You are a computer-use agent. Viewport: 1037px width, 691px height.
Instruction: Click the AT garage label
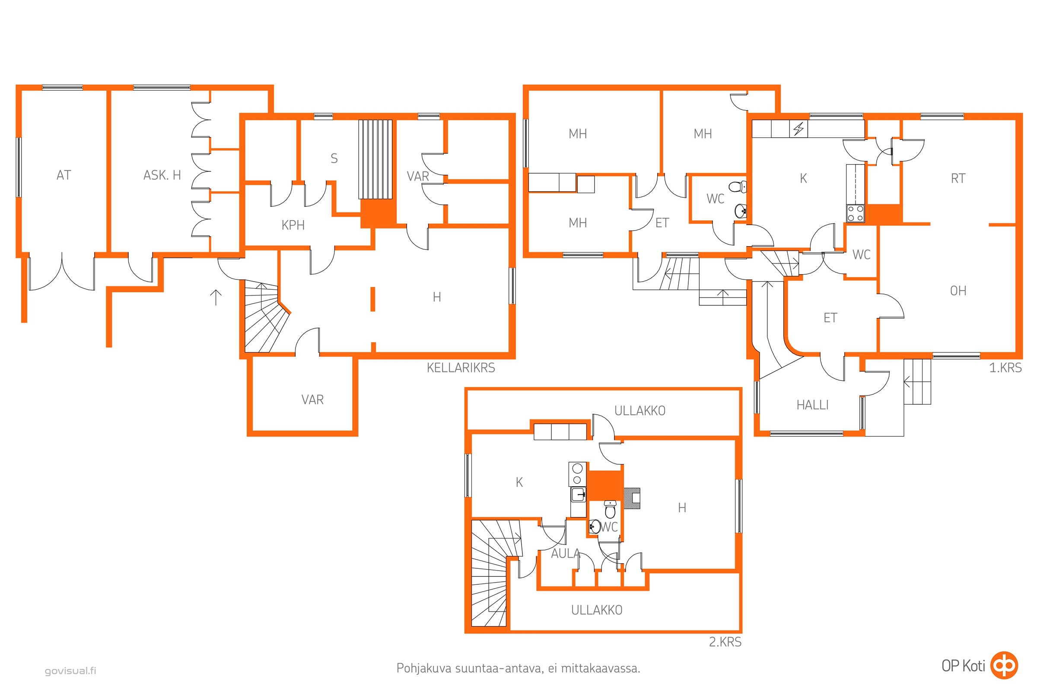pyautogui.click(x=64, y=175)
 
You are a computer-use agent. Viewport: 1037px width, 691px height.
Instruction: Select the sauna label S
pyautogui.click(x=334, y=158)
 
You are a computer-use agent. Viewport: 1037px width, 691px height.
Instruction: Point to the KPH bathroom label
pyautogui.click(x=293, y=225)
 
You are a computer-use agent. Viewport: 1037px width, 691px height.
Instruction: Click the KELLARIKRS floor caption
pyautogui.click(x=461, y=368)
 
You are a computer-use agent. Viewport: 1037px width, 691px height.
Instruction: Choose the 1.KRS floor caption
pyautogui.click(x=1005, y=368)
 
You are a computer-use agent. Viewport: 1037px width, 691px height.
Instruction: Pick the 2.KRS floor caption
pyautogui.click(x=725, y=642)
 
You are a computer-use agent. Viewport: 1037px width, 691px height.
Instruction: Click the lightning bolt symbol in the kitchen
pyautogui.click(x=798, y=129)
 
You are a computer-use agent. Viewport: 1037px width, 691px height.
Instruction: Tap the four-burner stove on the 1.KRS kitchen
pyautogui.click(x=856, y=214)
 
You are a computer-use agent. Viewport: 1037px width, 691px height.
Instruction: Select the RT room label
pyautogui.click(x=958, y=178)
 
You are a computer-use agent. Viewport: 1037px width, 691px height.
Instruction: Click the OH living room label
pyautogui.click(x=958, y=291)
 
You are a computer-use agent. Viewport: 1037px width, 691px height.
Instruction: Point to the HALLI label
pyautogui.click(x=812, y=405)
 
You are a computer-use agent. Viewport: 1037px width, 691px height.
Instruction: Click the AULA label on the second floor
pyautogui.click(x=565, y=554)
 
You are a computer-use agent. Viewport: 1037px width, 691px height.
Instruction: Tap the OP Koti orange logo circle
pyautogui.click(x=1004, y=666)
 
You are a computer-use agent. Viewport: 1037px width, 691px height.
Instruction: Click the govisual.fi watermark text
pyautogui.click(x=70, y=671)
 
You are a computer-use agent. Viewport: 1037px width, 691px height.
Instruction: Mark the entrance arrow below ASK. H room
pyautogui.click(x=216, y=298)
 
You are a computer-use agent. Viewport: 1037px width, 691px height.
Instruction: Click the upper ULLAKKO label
pyautogui.click(x=640, y=411)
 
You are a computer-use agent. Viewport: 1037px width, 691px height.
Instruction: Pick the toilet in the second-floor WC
pyautogui.click(x=610, y=509)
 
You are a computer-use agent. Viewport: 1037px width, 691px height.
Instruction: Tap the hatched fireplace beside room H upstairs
pyautogui.click(x=632, y=498)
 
